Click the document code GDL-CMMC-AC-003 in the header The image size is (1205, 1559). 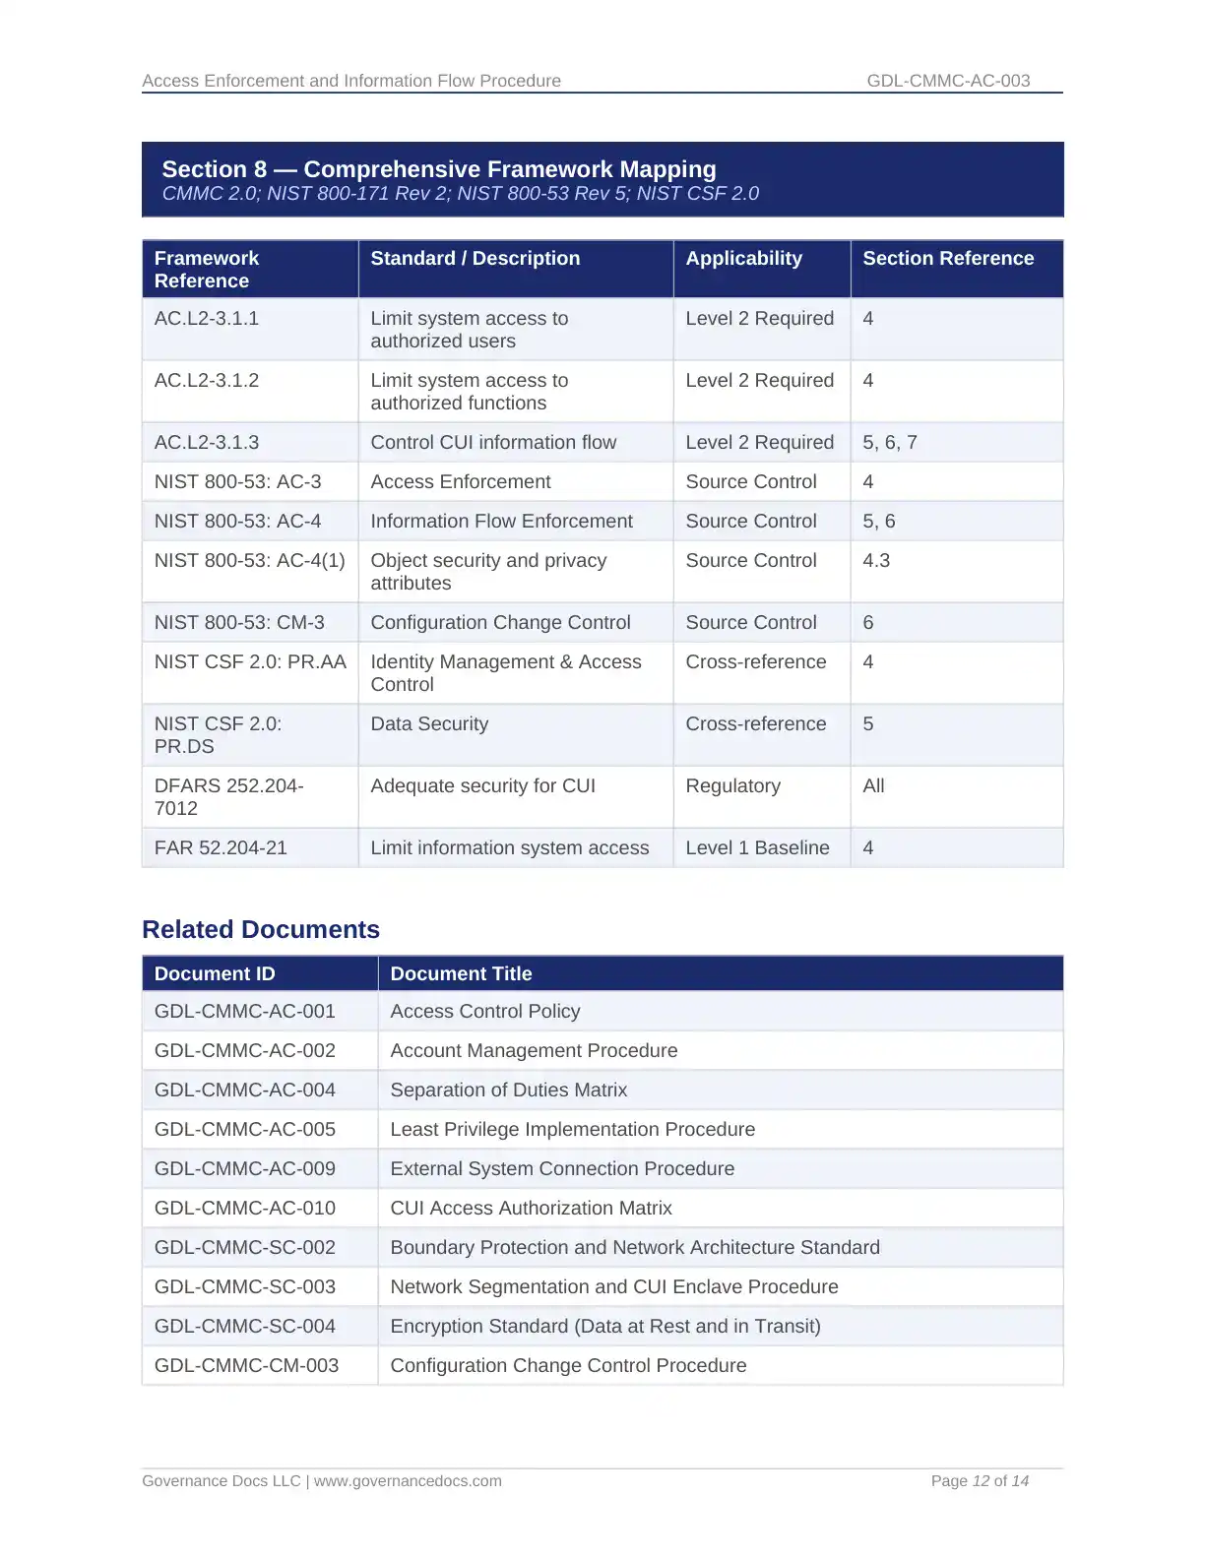pos(948,81)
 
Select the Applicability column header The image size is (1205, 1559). pos(743,259)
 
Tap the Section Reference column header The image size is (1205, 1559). pos(948,259)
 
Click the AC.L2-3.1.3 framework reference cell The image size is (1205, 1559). pos(207,443)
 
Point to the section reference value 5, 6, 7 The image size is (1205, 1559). pos(890,443)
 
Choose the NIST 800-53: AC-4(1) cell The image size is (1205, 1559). pos(249,561)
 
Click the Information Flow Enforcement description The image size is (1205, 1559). pos(501,522)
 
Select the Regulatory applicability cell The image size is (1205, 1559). pos(732,786)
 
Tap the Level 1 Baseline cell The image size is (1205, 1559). pos(757,848)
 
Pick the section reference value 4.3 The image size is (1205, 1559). pos(876,561)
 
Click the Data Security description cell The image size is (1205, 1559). pos(429,724)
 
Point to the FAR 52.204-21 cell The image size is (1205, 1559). pos(221,848)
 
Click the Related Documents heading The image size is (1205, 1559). pos(261,930)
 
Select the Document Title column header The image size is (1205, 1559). pos(461,974)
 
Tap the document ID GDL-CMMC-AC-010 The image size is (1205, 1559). pos(245,1209)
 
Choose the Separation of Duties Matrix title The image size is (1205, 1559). pos(508,1091)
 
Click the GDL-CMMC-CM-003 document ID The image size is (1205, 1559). pos(246,1366)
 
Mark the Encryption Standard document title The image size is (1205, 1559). pos(604,1327)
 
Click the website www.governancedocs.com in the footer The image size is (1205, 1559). pos(408,1481)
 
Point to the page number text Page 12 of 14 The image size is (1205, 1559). pos(980,1481)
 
